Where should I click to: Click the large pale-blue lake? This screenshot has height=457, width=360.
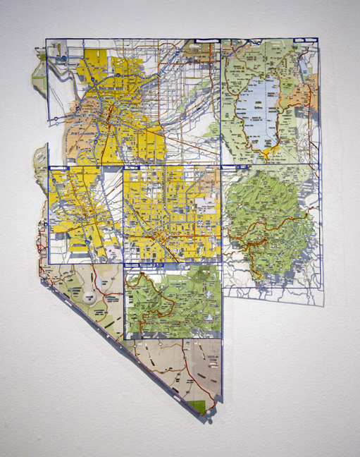[x=257, y=113]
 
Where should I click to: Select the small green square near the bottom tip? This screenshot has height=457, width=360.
[x=202, y=406]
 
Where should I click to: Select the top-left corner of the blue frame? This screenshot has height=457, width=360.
[x=46, y=39]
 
